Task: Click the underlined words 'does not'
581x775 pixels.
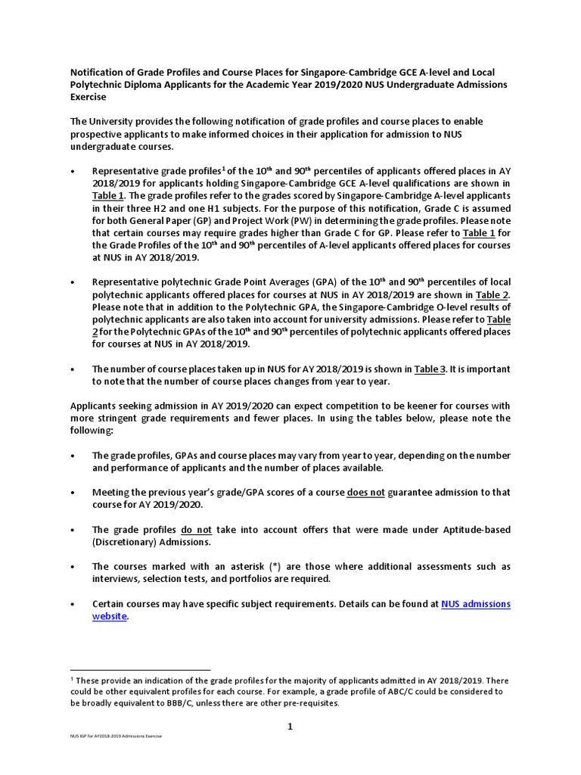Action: click(x=366, y=493)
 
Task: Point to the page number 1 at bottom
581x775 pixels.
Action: click(x=290, y=727)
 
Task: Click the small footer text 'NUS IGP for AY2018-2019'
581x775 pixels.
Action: click(x=98, y=736)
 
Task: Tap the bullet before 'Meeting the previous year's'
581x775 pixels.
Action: click(x=73, y=493)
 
